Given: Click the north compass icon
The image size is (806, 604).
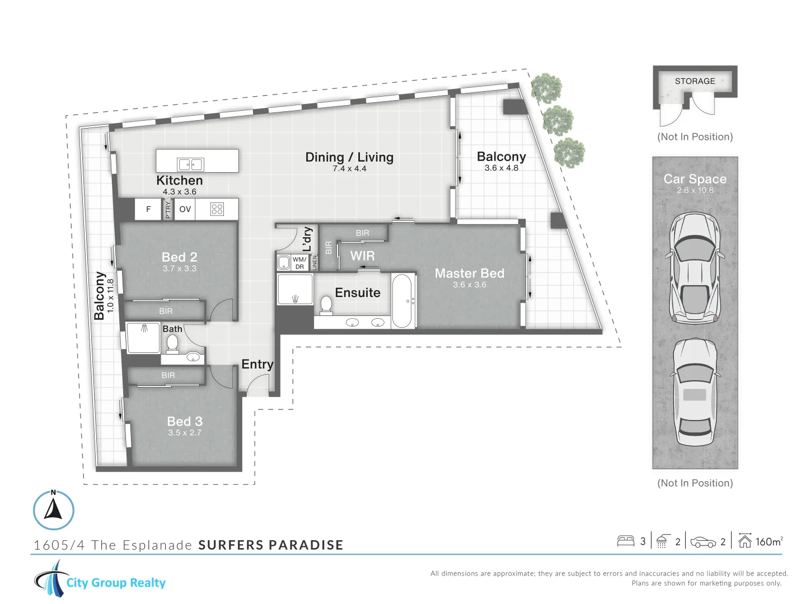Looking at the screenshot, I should (53, 510).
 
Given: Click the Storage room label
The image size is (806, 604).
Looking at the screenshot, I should (695, 81).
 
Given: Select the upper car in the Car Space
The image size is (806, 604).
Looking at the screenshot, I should (695, 268).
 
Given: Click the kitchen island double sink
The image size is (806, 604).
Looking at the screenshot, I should (190, 164).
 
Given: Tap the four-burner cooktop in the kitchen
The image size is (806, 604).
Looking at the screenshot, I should (217, 209).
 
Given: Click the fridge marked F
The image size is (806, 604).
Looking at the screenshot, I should (148, 209).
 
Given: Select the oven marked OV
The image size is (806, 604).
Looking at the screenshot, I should (185, 209).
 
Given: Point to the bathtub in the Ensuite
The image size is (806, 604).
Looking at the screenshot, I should (404, 300).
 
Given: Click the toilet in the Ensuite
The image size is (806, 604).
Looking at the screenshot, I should (326, 305).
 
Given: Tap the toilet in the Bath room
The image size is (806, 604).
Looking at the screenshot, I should (172, 343).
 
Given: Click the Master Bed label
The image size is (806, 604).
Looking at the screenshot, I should (469, 273).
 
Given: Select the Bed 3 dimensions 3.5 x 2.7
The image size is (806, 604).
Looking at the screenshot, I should (185, 432).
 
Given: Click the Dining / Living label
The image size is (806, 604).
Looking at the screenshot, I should (349, 157).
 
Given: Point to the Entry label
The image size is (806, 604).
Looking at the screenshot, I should (257, 364).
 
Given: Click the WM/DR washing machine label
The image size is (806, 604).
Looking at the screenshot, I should (299, 263).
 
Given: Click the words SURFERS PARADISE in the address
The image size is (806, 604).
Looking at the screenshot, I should (271, 545).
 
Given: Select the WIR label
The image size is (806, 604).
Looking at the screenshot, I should (362, 256).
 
